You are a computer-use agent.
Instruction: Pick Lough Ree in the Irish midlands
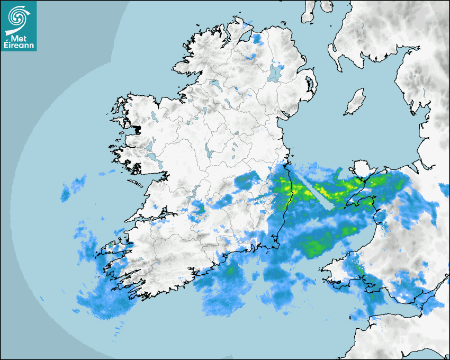click(209, 153)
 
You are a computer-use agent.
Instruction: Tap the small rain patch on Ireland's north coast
click(257, 38)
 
